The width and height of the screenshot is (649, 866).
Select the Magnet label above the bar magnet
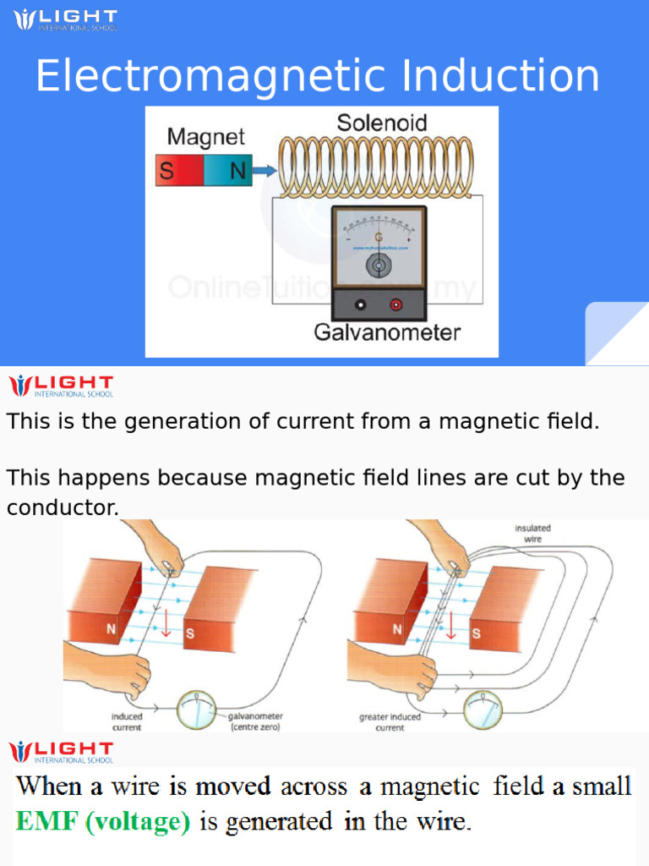[x=205, y=137]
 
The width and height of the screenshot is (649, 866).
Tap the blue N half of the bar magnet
[x=229, y=171]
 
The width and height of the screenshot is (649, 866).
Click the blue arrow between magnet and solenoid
[x=265, y=171]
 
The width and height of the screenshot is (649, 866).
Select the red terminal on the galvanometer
[x=395, y=304]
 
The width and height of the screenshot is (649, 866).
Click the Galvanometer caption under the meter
[x=387, y=332]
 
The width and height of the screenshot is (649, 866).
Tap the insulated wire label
[x=532, y=534]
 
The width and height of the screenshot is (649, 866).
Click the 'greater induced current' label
[x=390, y=721]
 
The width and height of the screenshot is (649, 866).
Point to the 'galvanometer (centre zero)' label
[x=255, y=721]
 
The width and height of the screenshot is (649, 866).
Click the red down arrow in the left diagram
[x=166, y=625]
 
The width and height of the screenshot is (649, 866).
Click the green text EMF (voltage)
[x=102, y=822]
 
